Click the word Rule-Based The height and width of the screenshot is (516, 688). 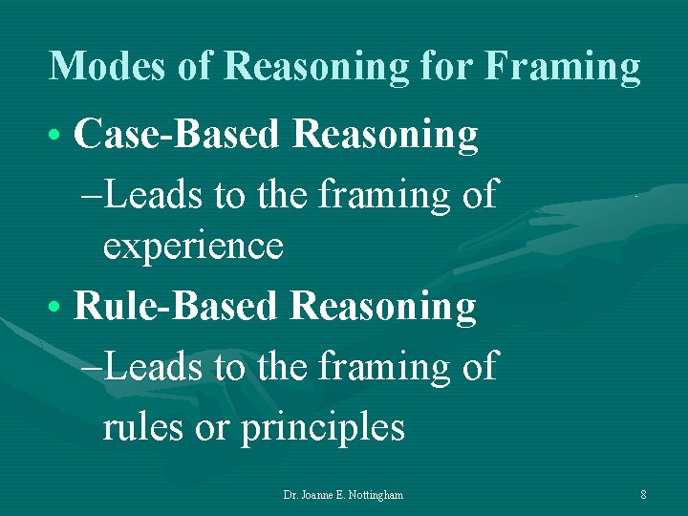tap(176, 307)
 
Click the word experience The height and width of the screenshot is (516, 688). tap(193, 246)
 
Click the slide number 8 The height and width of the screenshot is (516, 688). tap(643, 495)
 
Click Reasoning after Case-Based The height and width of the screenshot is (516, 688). tap(386, 136)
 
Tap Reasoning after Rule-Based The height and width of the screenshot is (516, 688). tap(383, 307)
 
